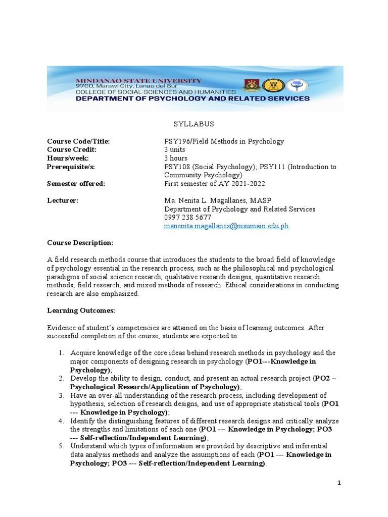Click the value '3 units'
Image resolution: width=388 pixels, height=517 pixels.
[175, 150]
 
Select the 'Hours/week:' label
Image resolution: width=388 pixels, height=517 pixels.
[68, 158]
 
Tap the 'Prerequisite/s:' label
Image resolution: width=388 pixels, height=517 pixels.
[71, 167]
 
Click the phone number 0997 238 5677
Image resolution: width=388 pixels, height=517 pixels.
[187, 218]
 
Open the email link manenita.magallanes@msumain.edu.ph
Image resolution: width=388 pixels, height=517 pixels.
[226, 226]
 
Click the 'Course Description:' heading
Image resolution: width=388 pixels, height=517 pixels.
[80, 243]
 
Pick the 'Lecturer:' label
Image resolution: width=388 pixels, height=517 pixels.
[63, 200]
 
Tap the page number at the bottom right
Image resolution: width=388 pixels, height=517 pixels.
[339, 483]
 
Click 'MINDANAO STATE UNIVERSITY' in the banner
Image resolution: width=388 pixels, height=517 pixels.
[138, 80]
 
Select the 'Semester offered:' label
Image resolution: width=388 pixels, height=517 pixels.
[76, 184]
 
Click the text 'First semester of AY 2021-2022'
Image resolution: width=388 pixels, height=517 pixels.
[215, 184]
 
